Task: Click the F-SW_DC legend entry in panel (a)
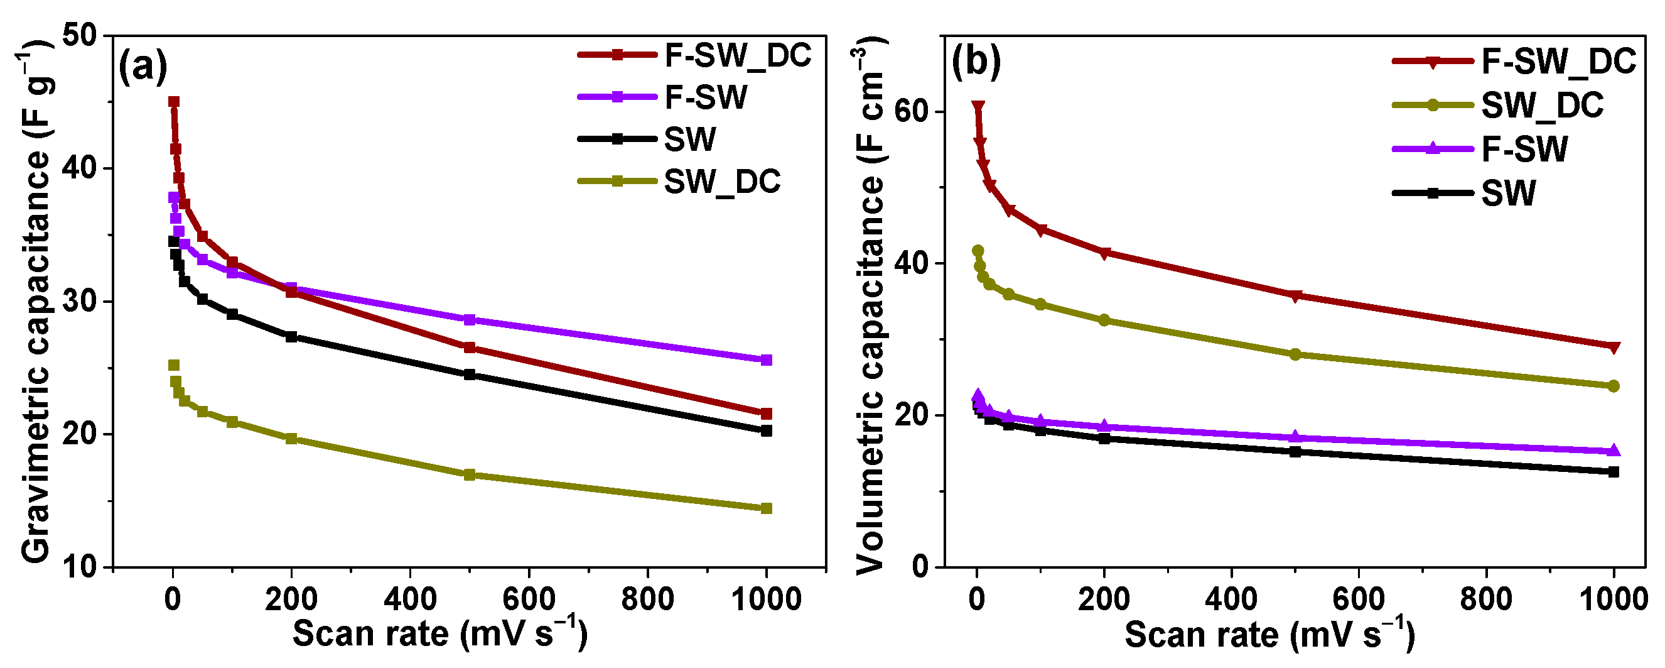coord(737,55)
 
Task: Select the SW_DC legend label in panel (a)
coord(722,182)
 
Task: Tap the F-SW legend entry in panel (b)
coord(1524,150)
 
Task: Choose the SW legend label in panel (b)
coord(1508,194)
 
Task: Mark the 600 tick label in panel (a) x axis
coord(529,600)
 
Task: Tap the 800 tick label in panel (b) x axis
coord(1486,600)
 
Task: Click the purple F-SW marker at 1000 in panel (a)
coord(767,359)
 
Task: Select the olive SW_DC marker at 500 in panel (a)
coord(470,474)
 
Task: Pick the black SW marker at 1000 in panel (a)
coord(767,430)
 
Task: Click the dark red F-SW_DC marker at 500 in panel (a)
coord(470,348)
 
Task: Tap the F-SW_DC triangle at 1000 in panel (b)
coord(1614,348)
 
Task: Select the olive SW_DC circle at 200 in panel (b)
coord(1104,320)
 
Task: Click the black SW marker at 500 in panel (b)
coord(1295,451)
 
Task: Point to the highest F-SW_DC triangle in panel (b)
coord(978,107)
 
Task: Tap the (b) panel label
coord(976,63)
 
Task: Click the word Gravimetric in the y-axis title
coord(36,472)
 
